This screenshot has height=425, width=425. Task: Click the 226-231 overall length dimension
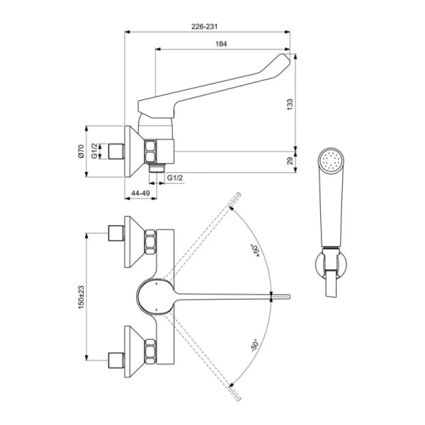point(205,26)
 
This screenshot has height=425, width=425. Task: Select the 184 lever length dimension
point(221,44)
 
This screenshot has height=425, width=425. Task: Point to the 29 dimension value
point(289,161)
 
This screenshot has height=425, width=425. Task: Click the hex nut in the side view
point(152,151)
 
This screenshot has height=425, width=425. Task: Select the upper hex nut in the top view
point(151,242)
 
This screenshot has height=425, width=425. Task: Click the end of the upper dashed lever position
point(232,202)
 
